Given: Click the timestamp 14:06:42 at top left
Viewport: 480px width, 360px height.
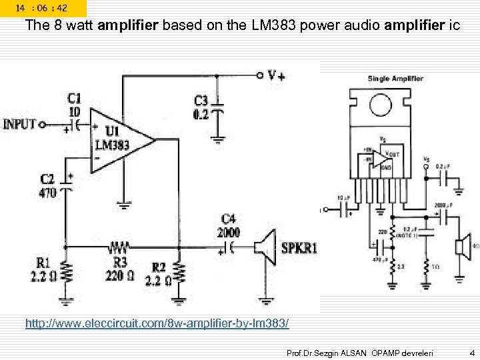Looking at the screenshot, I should (x=42, y=8).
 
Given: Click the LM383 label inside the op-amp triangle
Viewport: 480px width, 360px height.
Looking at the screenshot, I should (x=108, y=145).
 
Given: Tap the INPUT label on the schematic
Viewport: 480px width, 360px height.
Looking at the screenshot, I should (x=20, y=124).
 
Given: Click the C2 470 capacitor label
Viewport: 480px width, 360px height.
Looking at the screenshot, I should (x=48, y=186).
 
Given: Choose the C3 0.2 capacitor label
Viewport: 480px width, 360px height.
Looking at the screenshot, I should (x=201, y=107).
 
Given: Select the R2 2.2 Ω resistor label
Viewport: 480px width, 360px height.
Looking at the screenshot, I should (x=159, y=274).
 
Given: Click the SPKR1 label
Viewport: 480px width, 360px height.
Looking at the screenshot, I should (x=299, y=248).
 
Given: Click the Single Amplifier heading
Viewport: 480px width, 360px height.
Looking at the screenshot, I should (x=395, y=79).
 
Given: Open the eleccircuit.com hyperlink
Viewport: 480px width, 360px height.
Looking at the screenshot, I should (x=157, y=323).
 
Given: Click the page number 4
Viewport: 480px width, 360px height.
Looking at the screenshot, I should (x=471, y=351).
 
